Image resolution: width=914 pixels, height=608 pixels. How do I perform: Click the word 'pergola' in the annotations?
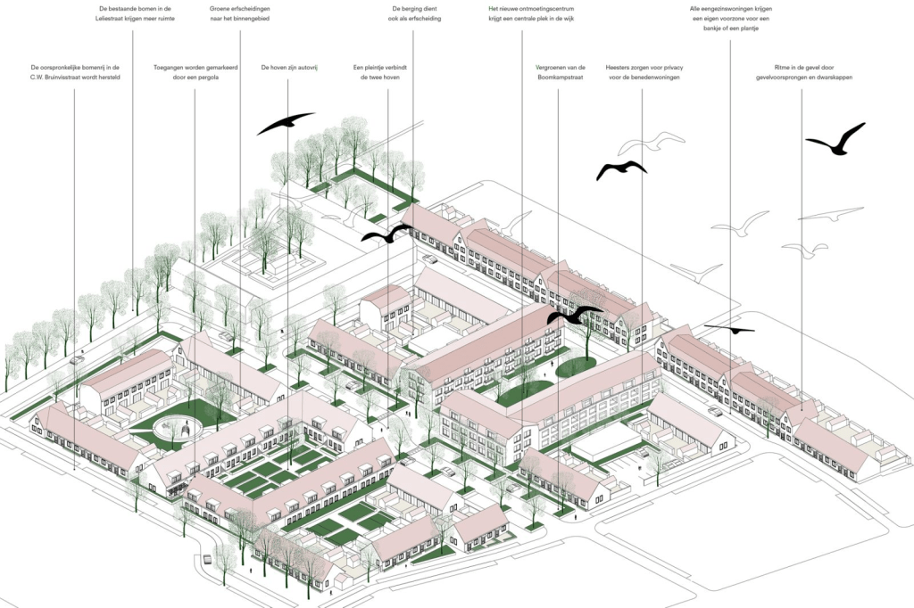coord(208,78)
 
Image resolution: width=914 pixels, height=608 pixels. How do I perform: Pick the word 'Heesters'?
coord(619,67)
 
